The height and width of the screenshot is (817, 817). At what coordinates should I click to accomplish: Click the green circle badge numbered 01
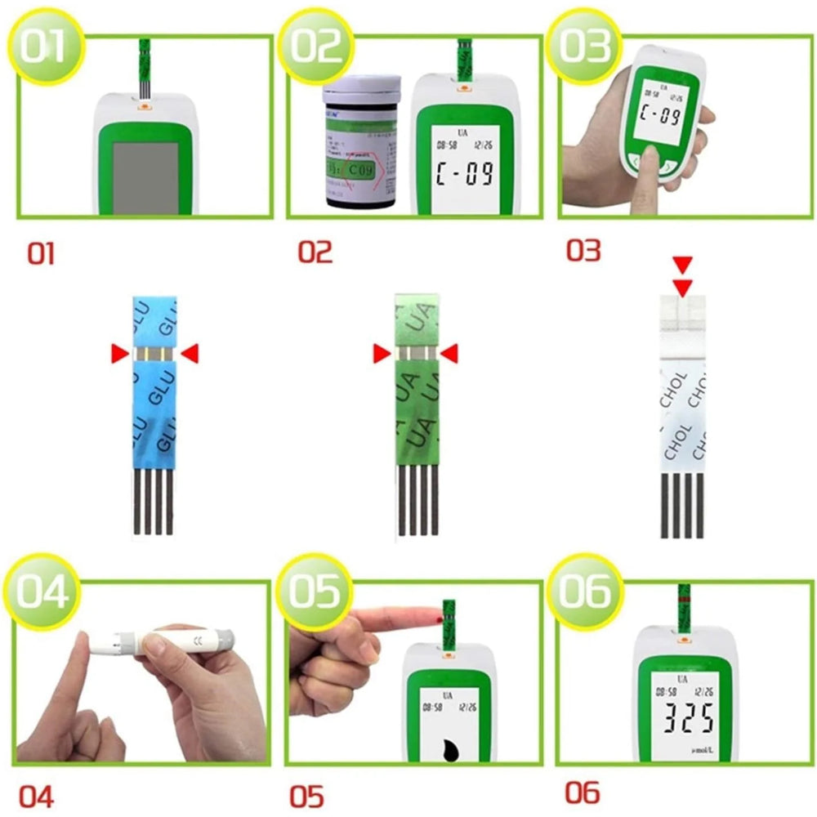[45, 47]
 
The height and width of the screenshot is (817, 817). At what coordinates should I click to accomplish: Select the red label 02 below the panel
[315, 252]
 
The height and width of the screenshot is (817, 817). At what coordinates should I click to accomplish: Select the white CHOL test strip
[682, 408]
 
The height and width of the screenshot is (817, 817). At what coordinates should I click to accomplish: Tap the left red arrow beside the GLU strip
[119, 353]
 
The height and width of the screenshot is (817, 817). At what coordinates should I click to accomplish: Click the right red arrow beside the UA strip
[449, 353]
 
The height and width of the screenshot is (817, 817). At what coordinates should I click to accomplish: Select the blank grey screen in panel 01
[145, 175]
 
